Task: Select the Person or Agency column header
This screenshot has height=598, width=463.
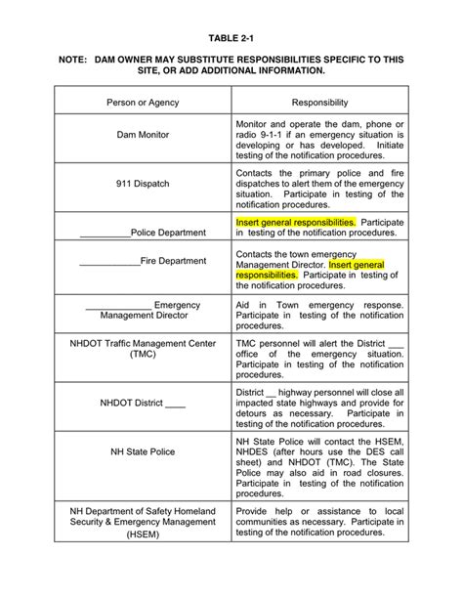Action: (x=143, y=102)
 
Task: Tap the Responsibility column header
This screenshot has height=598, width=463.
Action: (x=319, y=102)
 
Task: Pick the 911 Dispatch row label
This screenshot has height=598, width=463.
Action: (x=143, y=183)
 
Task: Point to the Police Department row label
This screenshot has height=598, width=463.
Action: (x=167, y=233)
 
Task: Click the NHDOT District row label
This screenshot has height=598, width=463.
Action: (x=143, y=402)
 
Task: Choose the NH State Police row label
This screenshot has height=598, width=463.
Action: (x=143, y=451)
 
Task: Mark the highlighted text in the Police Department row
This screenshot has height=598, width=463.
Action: (x=296, y=222)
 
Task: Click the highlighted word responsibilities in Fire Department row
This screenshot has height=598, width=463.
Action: (x=267, y=276)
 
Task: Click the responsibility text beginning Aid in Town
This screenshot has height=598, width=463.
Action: (x=319, y=318)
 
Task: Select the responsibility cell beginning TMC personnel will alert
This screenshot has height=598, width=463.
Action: (x=319, y=359)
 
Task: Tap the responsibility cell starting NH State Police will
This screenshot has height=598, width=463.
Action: (x=319, y=462)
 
